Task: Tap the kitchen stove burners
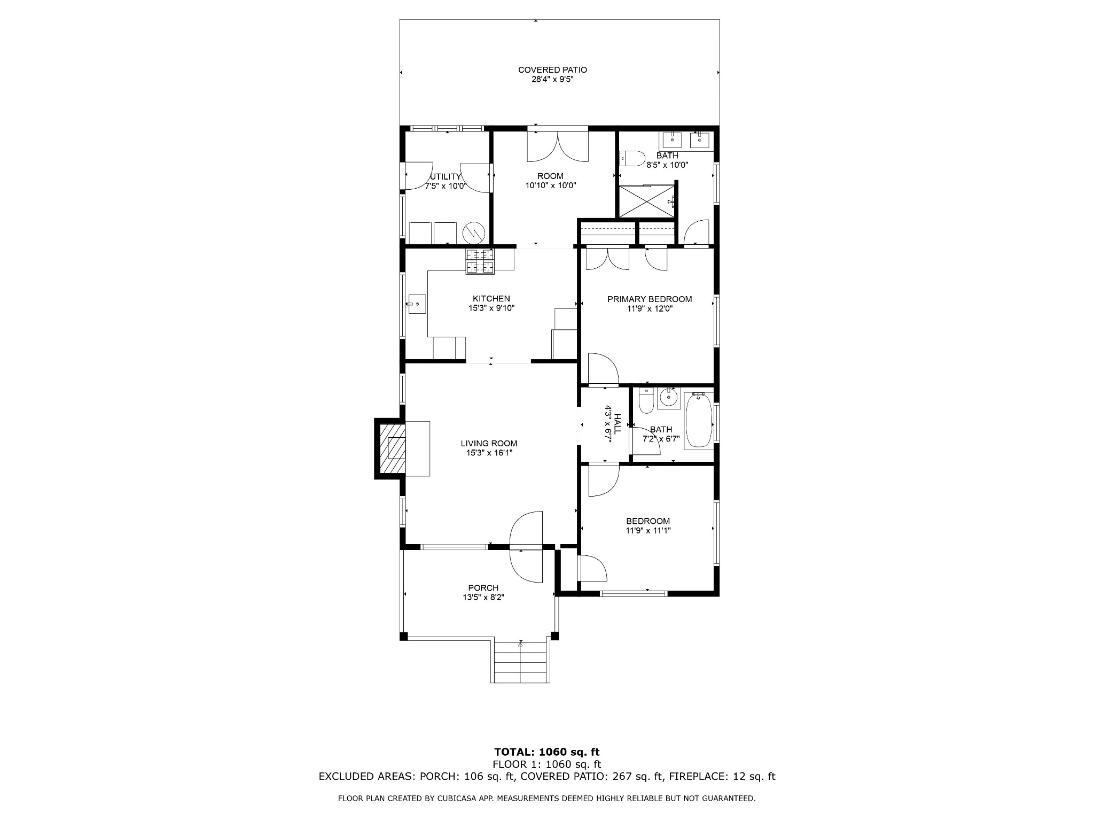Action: pyautogui.click(x=480, y=261)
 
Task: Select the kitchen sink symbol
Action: pyautogui.click(x=417, y=304)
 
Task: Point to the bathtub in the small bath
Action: pyautogui.click(x=699, y=420)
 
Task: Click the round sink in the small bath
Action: pyautogui.click(x=668, y=398)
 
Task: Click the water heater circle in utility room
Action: pyautogui.click(x=474, y=232)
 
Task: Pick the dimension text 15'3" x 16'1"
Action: pyautogui.click(x=489, y=453)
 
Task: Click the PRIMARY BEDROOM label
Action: pyautogui.click(x=649, y=299)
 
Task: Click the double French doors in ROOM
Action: pyautogui.click(x=558, y=146)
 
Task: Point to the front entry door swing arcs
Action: pyautogui.click(x=526, y=547)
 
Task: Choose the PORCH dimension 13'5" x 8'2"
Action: pyautogui.click(x=483, y=598)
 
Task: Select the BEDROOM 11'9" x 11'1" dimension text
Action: pyautogui.click(x=648, y=531)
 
